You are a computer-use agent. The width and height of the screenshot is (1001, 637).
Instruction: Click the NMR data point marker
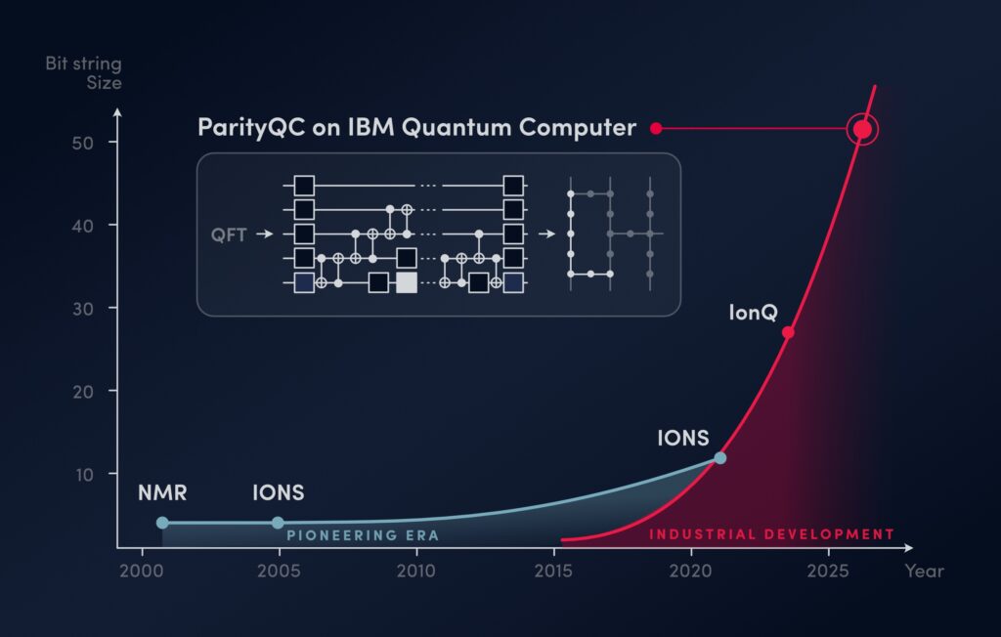(162, 523)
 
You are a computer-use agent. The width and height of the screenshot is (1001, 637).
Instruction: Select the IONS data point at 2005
(278, 523)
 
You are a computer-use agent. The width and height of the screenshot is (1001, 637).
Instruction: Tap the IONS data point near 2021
(720, 457)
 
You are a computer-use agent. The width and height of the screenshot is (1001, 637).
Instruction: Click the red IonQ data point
(788, 332)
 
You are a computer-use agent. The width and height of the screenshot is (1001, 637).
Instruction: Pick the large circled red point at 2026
(862, 129)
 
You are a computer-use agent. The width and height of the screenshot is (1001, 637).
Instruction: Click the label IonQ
(753, 313)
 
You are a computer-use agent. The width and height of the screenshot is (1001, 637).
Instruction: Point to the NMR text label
(161, 492)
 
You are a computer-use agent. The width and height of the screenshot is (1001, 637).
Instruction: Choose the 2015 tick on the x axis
(553, 571)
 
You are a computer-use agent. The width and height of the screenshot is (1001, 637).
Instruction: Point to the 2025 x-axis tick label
(828, 571)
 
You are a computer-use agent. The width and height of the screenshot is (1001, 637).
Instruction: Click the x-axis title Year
(924, 571)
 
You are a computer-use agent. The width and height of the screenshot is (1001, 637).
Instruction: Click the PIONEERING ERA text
(363, 535)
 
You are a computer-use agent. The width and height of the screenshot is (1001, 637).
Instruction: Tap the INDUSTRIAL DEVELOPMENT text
(771, 534)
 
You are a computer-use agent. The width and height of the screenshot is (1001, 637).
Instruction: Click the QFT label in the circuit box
(229, 234)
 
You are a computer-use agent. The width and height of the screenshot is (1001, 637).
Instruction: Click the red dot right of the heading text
(656, 128)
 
